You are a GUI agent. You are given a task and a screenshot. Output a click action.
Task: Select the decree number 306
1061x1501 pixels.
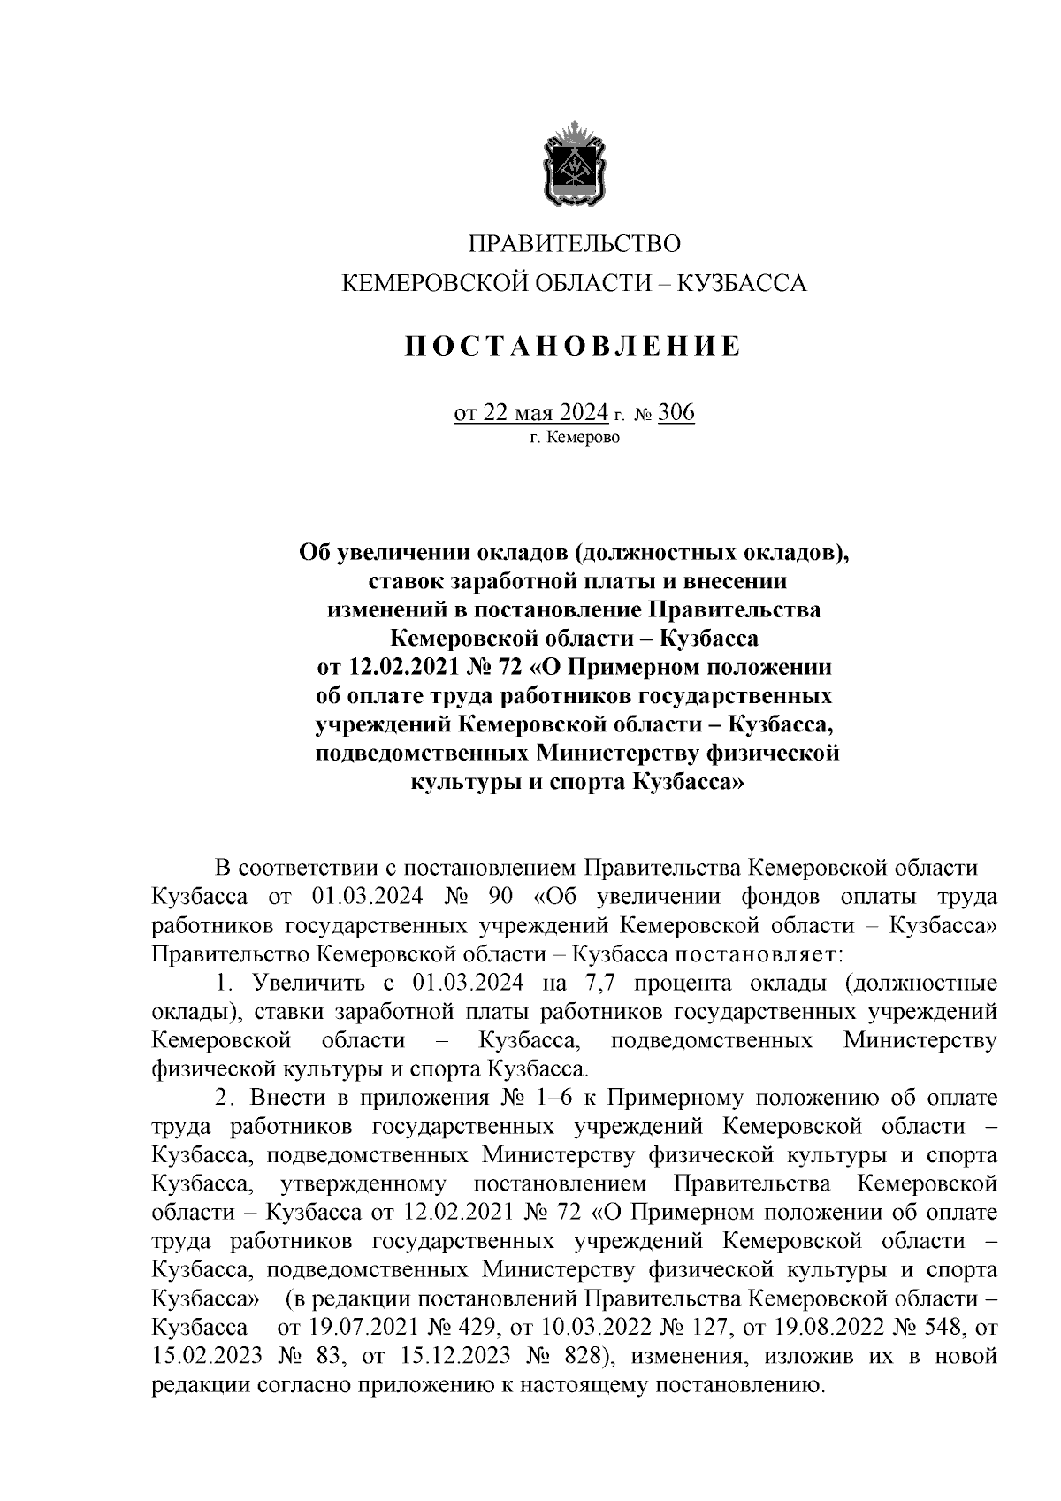[676, 413]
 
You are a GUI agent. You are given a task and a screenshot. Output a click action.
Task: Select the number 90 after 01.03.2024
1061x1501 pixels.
[500, 897]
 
